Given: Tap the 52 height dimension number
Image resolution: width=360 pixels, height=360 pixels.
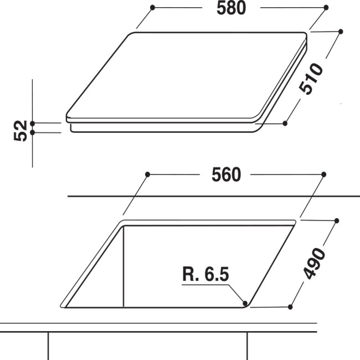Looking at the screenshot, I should pos(20,130).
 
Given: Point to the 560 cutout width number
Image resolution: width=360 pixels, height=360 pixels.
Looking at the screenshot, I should pos(226,174).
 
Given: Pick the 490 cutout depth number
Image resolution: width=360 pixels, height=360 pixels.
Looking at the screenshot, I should pos(315,262).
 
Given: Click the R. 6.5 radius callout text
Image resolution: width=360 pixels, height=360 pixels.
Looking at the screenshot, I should pos(204,274).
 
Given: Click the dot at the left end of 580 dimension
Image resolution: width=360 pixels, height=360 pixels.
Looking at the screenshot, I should pos(152,8).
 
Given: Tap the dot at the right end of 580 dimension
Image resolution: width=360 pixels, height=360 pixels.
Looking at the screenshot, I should pos(326,8).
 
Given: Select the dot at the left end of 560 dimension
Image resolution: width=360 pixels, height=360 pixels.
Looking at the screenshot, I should pos(147,174).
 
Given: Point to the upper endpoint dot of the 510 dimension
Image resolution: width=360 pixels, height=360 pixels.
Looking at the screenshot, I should pos(340,32).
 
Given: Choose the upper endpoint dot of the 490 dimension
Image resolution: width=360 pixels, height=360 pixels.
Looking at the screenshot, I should pos(337,220).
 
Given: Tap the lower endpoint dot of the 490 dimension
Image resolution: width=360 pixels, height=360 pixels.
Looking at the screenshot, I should pos(290,305).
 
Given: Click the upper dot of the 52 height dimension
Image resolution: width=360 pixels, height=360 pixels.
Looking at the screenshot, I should pos(33,123).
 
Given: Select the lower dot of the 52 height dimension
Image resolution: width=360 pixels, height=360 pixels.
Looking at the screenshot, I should pos(33,132).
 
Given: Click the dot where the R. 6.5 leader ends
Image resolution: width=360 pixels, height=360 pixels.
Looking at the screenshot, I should pos(245,302).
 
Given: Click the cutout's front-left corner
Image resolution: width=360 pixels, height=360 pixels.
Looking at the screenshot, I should pos(63,304).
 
